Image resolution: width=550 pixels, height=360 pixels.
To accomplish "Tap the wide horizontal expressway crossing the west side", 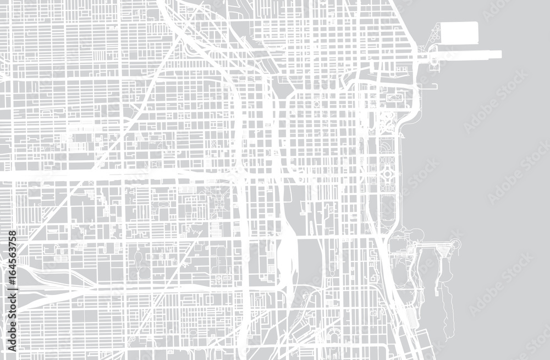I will point(110,175).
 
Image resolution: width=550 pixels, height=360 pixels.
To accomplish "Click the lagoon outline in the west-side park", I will point(140,259).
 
